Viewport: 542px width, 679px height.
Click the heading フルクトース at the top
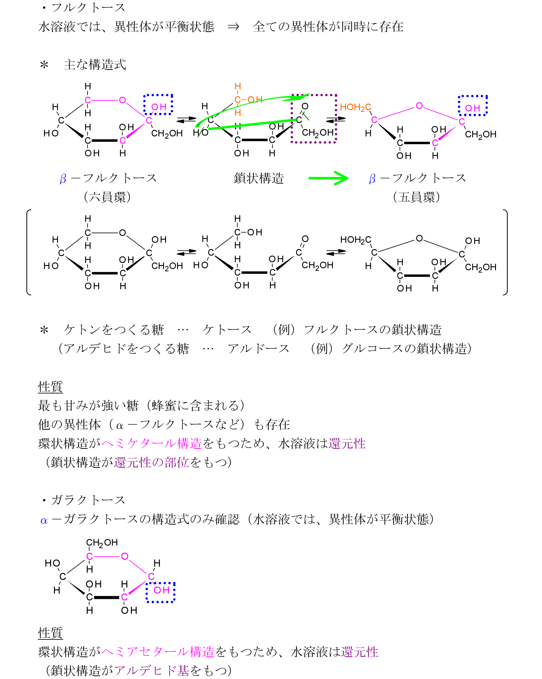tap(88, 8)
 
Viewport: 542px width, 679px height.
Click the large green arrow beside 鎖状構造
tap(328, 178)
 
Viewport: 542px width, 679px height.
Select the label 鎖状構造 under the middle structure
tap(259, 178)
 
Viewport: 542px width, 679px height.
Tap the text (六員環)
tap(107, 197)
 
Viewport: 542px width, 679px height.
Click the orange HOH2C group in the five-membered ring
tap(355, 107)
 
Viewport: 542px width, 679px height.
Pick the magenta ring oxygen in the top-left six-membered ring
tap(122, 100)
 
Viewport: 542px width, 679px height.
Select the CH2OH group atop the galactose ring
tap(102, 542)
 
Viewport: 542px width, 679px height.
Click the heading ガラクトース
tap(88, 500)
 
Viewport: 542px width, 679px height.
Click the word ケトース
tap(227, 330)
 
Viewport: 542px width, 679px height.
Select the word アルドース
tap(259, 349)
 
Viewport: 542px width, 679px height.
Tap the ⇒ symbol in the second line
tap(233, 27)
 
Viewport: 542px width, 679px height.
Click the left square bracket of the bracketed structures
tap(28, 252)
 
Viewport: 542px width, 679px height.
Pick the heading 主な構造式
tap(95, 65)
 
